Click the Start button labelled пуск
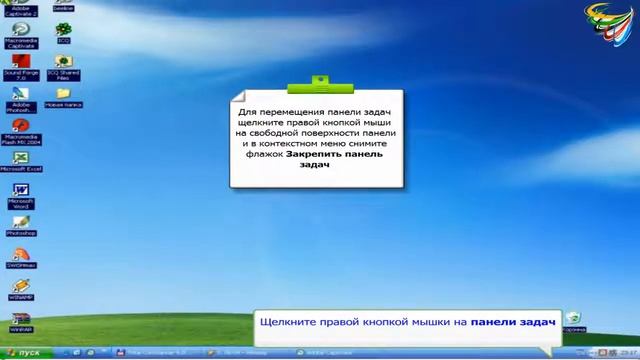coord(25,353)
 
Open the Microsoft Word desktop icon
coord(20,190)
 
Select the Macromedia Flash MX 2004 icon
coord(20,126)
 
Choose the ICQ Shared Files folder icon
coord(63,62)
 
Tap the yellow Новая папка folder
coord(63,94)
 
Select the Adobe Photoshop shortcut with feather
coord(20,94)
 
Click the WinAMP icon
coord(20,286)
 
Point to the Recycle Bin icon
coord(573,319)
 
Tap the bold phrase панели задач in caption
coord(513,323)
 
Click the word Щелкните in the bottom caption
coord(284,323)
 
